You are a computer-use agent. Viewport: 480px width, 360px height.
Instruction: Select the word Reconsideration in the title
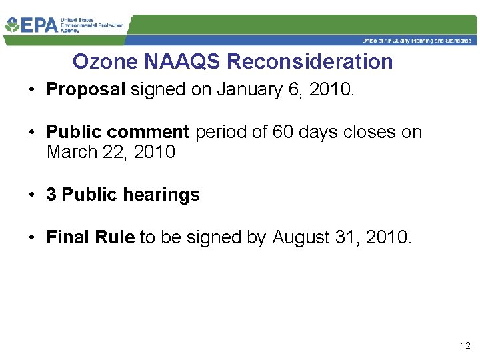click(x=310, y=62)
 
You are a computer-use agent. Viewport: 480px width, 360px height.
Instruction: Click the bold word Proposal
click(x=86, y=90)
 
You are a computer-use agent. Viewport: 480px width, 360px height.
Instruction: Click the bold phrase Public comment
click(x=118, y=132)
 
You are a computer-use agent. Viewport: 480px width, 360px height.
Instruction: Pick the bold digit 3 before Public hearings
click(x=51, y=195)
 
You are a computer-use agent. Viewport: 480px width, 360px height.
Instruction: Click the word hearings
click(x=168, y=195)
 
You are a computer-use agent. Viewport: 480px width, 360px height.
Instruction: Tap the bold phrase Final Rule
click(x=90, y=237)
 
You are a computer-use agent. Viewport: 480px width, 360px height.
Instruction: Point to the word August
click(x=304, y=237)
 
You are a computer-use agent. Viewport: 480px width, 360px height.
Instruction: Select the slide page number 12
click(x=465, y=346)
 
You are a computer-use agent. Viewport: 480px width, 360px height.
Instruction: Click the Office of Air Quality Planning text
click(x=417, y=41)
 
